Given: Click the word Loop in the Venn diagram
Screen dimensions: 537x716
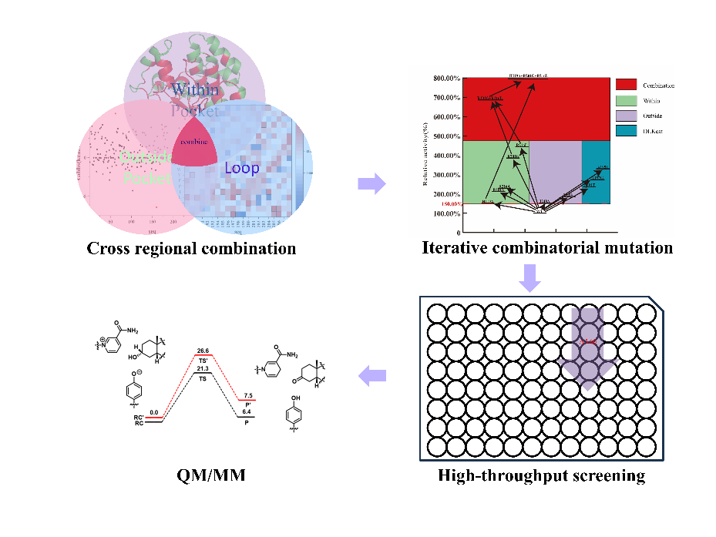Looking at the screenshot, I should coord(241,167).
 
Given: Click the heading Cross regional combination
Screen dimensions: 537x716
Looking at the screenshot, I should coord(191,248).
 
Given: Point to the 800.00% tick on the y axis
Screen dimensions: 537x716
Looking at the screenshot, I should coord(448,79).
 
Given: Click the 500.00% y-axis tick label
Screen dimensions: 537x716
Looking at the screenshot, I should coord(448,136).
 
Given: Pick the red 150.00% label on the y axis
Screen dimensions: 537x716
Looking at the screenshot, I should coord(449,204).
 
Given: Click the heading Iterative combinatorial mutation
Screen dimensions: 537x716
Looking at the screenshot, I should coord(547,248).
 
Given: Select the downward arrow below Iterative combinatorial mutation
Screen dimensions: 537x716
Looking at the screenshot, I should coord(529,278).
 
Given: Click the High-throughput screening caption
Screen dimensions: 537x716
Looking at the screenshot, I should coord(541,475).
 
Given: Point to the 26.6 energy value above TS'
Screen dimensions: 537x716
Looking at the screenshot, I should coord(203,351).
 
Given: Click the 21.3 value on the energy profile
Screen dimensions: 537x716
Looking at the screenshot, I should coord(203,370).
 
